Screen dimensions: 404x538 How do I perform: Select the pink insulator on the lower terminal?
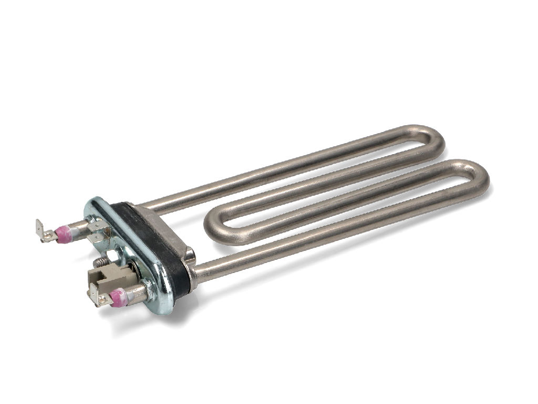pyautogui.click(x=118, y=297)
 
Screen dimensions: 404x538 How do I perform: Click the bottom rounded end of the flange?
pyautogui.click(x=163, y=305)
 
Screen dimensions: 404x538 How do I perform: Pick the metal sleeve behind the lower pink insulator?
pyautogui.click(x=135, y=291)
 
